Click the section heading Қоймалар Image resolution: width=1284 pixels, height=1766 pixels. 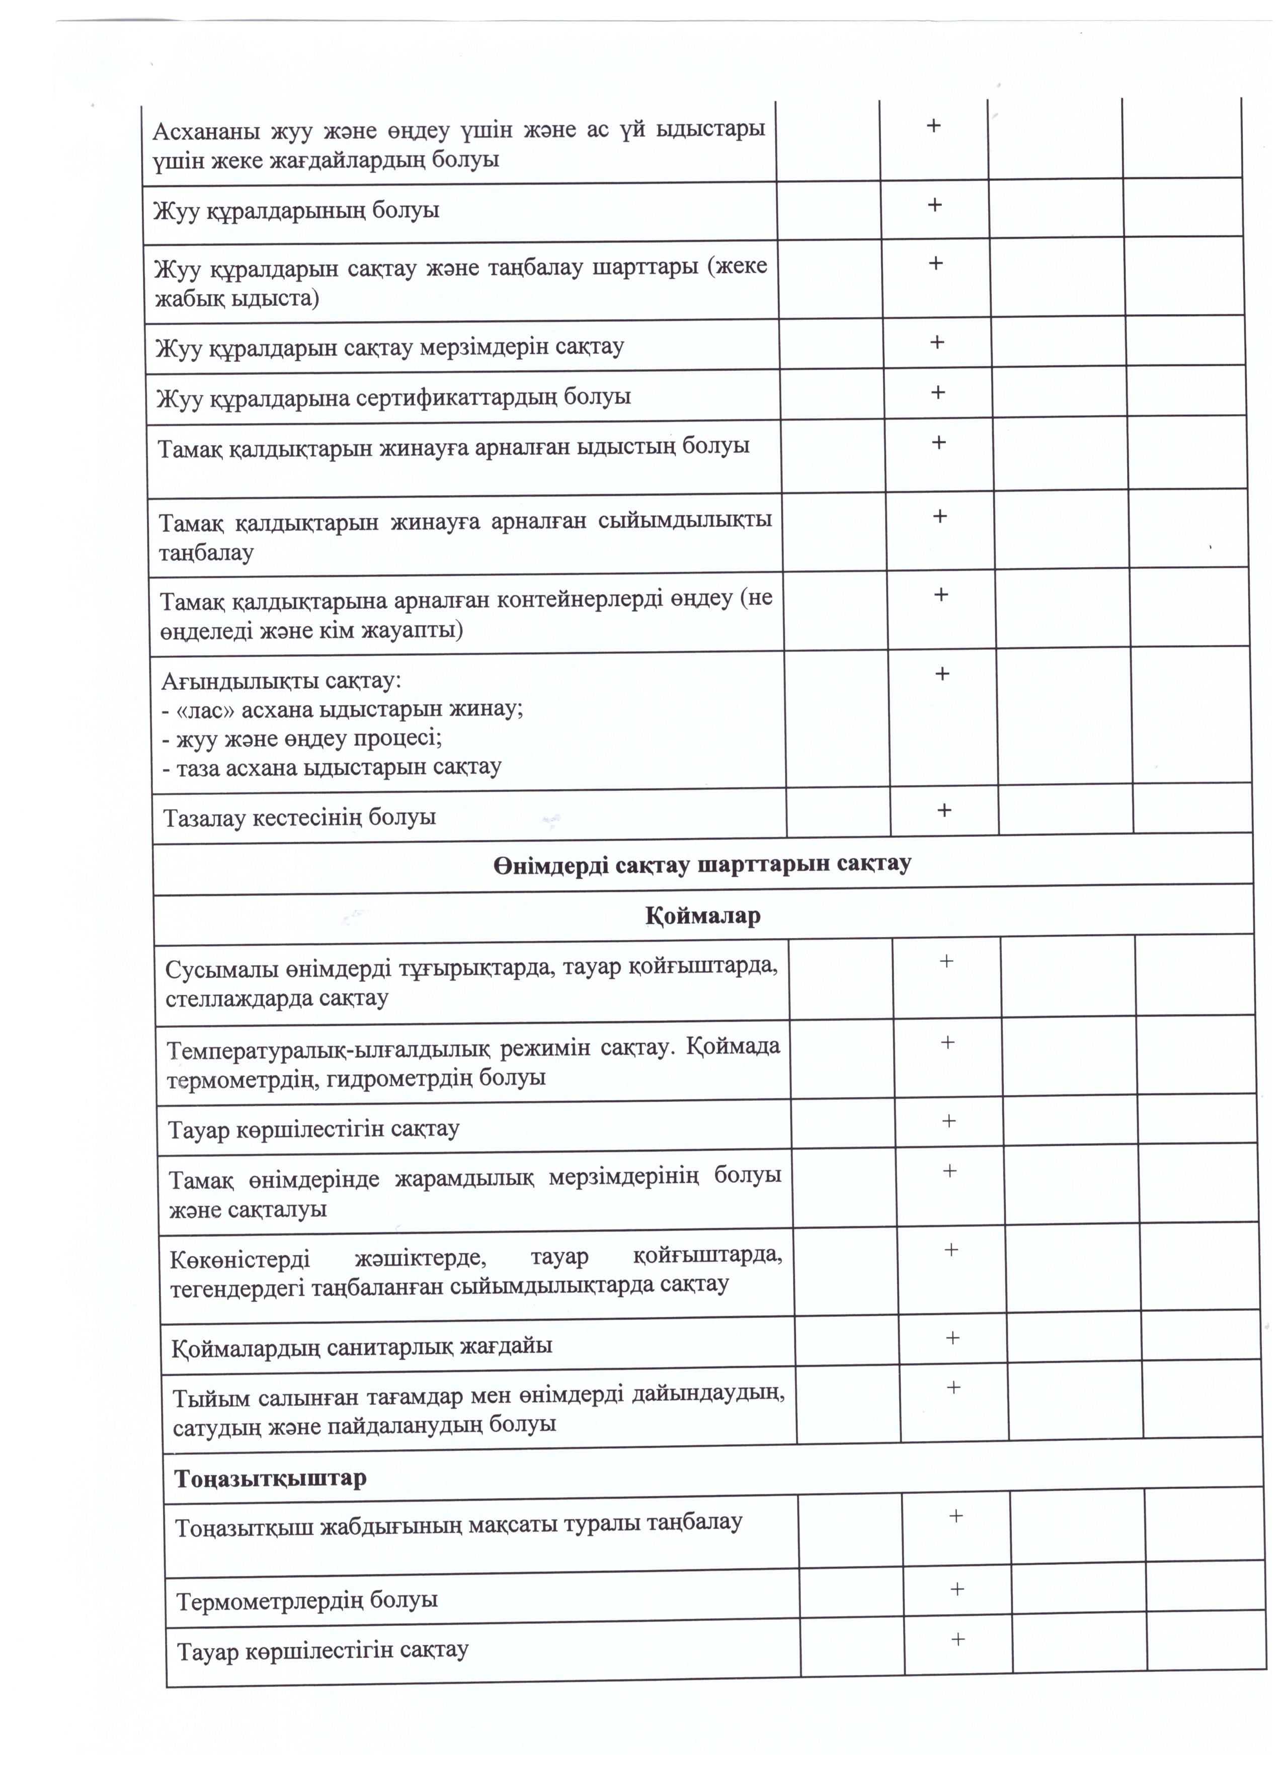tap(702, 916)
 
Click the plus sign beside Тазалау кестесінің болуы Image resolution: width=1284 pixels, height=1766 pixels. tap(944, 811)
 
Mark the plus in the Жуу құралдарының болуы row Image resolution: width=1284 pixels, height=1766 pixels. tap(934, 205)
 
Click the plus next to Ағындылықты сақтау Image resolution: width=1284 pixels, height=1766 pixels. tap(941, 674)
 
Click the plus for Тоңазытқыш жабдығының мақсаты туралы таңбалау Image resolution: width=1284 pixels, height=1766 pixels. tap(955, 1516)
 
